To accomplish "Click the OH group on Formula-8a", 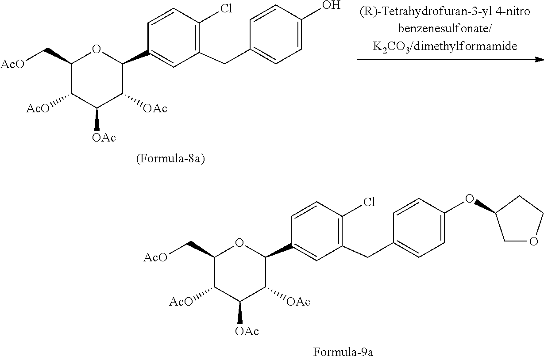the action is (x=331, y=5).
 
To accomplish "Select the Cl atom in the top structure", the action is (x=226, y=8).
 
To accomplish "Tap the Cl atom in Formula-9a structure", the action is (x=369, y=202).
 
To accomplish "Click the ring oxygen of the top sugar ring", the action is (x=96, y=49).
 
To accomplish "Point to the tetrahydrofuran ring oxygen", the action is (x=533, y=241).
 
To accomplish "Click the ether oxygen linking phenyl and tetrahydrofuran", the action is (x=470, y=199).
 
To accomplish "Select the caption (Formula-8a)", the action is (x=170, y=159).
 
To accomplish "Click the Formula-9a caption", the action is (x=343, y=352).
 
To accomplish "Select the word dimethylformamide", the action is (x=465, y=46).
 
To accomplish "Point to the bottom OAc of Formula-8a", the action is (x=104, y=138).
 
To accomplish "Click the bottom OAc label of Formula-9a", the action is (x=247, y=331).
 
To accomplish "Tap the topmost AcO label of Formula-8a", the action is (x=13, y=64).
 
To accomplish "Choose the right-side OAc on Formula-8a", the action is (x=155, y=108).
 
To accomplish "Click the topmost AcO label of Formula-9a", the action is (x=155, y=257).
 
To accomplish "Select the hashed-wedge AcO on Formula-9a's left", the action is (x=181, y=302).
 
